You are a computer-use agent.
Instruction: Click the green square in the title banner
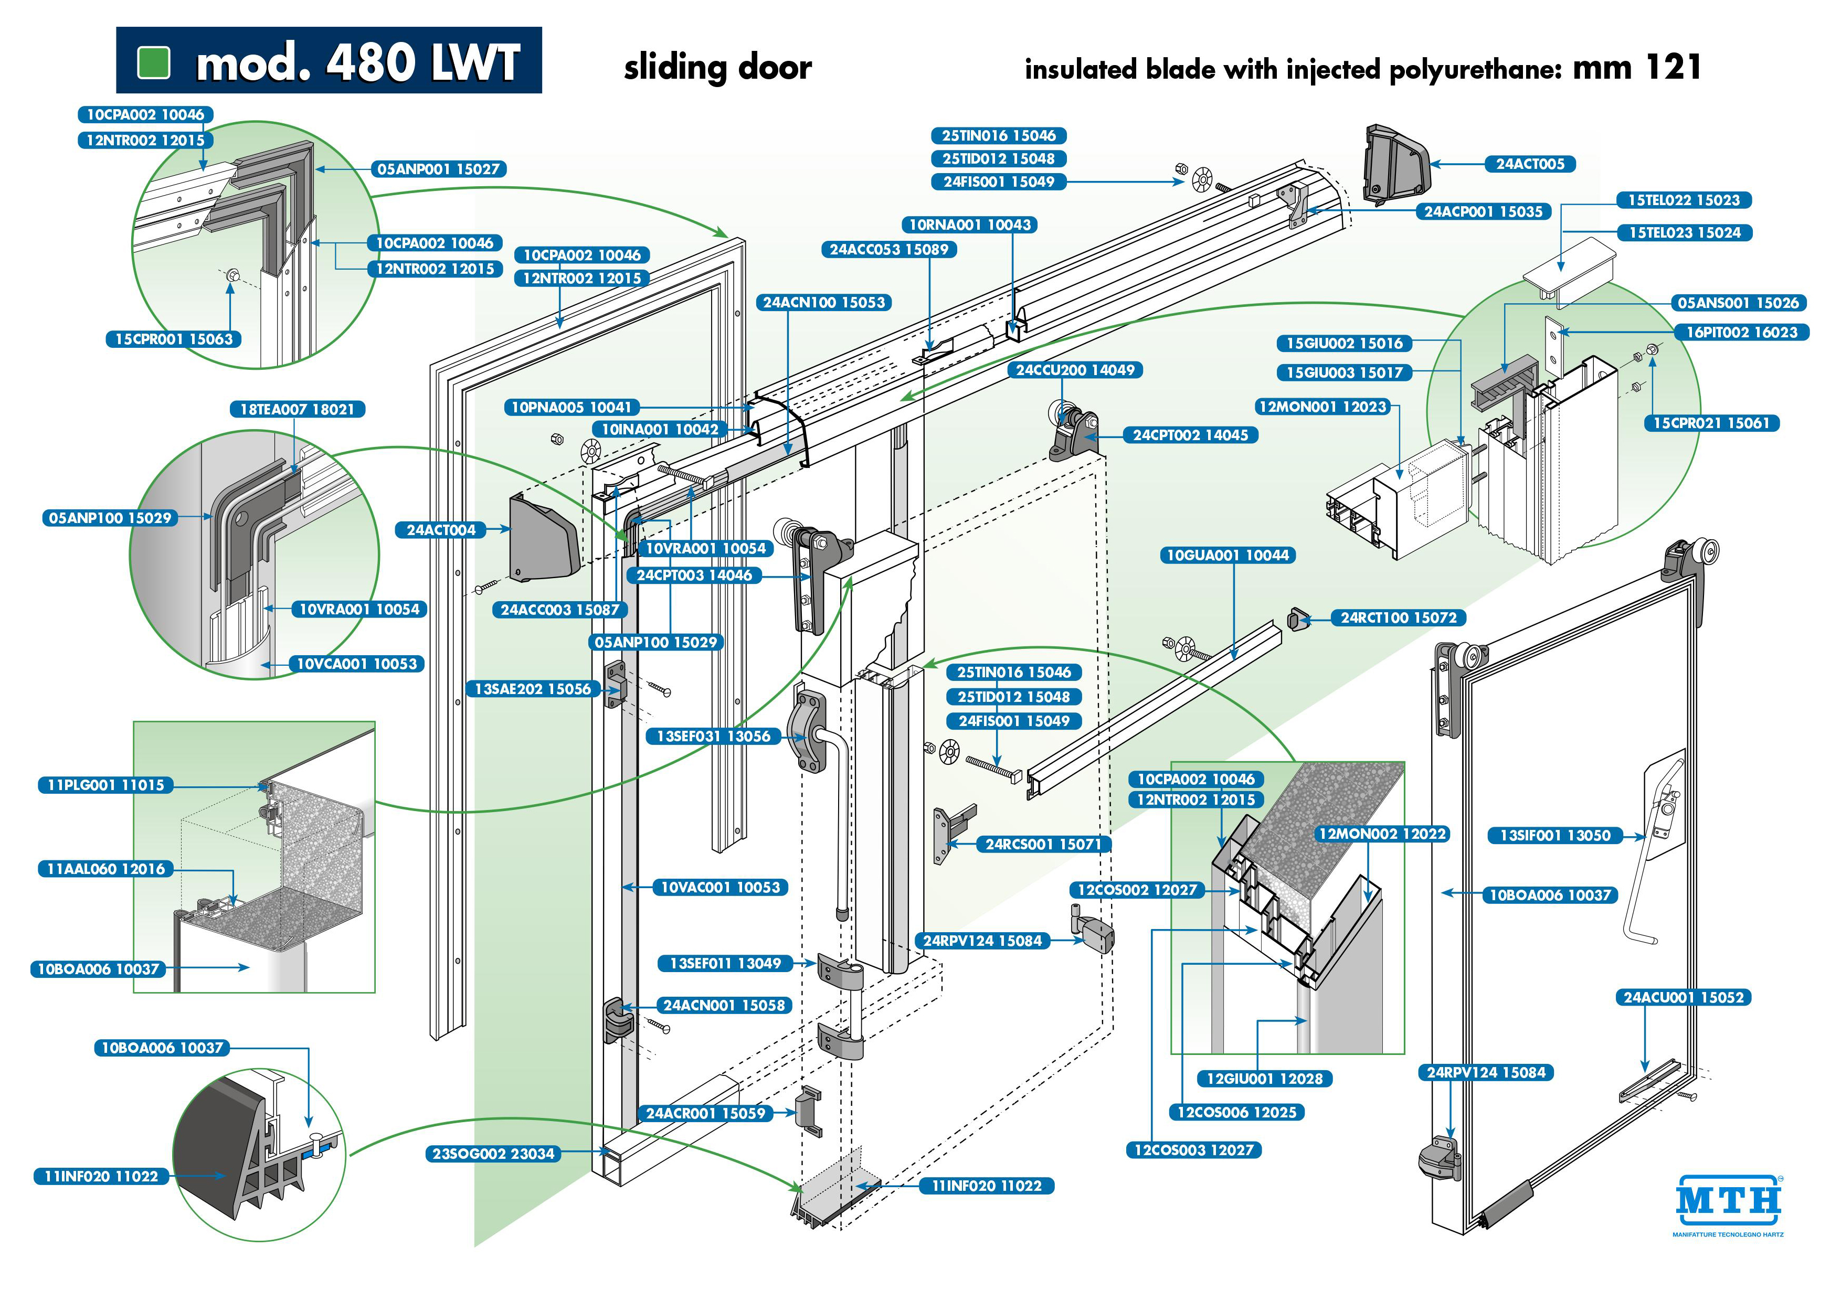(154, 62)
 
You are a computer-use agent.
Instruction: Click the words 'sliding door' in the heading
(717, 67)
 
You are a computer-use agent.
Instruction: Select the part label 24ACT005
(1530, 164)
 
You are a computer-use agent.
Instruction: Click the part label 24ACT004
(441, 530)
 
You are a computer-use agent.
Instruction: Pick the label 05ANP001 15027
(439, 169)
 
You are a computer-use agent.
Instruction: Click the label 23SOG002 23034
(493, 1154)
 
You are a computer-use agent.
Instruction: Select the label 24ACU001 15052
(1682, 997)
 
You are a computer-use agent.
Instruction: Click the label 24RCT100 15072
(1399, 617)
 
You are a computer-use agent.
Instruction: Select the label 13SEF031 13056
(713, 736)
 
